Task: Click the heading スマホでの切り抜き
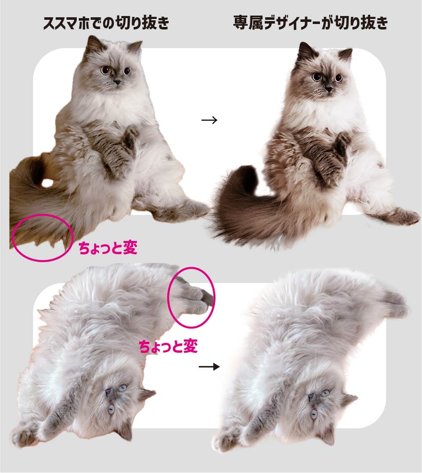[x=106, y=23]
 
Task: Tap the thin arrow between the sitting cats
[x=209, y=120]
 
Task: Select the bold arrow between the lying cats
[x=209, y=367]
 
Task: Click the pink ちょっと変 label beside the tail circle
[x=108, y=248]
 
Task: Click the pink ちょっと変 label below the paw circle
[x=168, y=346]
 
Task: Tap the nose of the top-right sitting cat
[x=329, y=89]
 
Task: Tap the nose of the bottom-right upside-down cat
[x=311, y=397]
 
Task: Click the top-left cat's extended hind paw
[x=196, y=208]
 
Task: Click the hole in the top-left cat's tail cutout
[x=48, y=182]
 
